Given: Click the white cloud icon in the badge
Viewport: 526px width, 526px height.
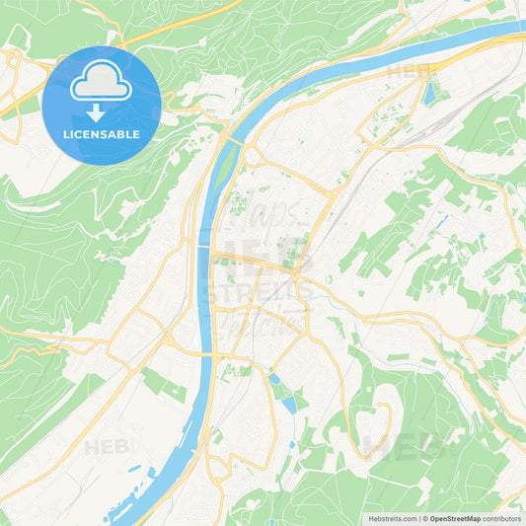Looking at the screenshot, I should click(x=102, y=85).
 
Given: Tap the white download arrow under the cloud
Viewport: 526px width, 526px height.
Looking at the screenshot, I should click(x=102, y=113).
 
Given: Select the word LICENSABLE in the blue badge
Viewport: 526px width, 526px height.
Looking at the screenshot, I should click(x=102, y=134).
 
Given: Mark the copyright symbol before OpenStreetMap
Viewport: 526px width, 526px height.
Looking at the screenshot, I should click(x=424, y=517).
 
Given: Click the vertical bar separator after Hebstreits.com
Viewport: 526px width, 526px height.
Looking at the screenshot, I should click(x=418, y=517).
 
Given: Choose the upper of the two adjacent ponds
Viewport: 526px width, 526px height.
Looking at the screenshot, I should click(x=273, y=378).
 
